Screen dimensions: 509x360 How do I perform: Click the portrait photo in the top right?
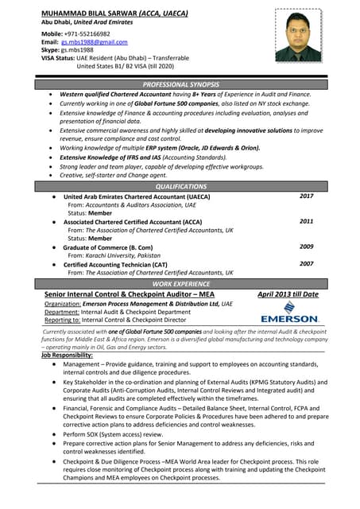tap(298, 35)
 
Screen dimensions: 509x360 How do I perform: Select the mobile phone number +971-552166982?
tap(88, 33)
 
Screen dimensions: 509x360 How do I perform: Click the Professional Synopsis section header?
tap(180, 84)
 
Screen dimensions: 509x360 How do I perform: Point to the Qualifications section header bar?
tap(180, 186)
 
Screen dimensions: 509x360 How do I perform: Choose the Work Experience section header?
tap(180, 284)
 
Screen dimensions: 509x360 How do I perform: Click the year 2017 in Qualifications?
tap(306, 196)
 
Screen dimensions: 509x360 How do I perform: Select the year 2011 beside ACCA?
tap(306, 221)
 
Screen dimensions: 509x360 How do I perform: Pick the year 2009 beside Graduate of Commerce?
tap(306, 247)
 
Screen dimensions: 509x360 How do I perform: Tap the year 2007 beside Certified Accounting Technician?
tap(306, 263)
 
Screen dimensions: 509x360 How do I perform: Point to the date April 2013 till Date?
tap(288, 294)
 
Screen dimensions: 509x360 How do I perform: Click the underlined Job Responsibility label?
tap(67, 355)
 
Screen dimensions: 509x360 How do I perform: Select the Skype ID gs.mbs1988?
tap(76, 49)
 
